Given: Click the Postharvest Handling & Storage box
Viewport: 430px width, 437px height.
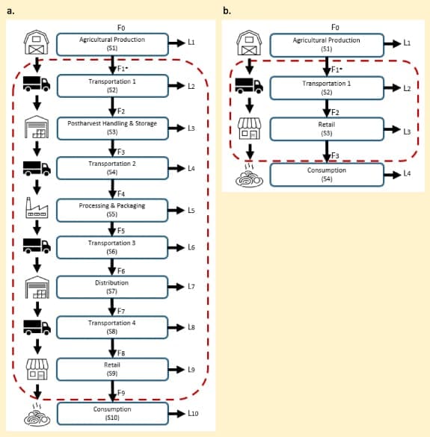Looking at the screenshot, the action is coord(112,128).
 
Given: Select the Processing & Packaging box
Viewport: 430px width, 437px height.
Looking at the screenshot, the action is coord(112,210).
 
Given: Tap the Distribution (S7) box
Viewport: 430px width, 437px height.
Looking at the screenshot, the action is coord(112,287).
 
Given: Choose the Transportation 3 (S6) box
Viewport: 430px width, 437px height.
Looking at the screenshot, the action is coord(112,247).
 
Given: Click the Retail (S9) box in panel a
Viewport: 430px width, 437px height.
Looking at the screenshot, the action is coord(112,369).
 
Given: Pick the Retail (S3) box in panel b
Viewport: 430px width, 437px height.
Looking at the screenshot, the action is coord(327,129).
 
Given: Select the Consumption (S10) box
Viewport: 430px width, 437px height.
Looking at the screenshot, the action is coord(112,413).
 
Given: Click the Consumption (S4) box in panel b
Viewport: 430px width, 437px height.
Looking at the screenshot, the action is coord(327,175).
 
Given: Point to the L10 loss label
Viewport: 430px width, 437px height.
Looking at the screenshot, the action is coord(193,413).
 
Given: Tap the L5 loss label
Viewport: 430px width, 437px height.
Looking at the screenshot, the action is coord(191,210).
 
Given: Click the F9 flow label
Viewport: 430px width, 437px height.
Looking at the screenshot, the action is coord(121,393).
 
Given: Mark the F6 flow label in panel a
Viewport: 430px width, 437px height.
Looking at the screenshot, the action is coord(121,271).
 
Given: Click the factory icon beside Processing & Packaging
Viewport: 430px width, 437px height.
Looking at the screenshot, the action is coord(37,208).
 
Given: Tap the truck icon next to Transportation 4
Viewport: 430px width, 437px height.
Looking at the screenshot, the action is coord(37,327).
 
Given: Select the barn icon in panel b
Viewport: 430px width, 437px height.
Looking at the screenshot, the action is coord(249,43).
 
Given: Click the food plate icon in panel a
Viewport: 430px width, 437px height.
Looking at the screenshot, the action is coord(37,415).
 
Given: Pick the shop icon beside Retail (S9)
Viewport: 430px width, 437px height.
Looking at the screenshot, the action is coord(37,369).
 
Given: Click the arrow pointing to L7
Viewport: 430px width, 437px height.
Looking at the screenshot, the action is coord(176,287).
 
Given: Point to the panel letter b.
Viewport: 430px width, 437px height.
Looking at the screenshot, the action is coord(227,11).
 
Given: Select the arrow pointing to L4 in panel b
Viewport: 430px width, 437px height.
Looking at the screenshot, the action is coord(393,175).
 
